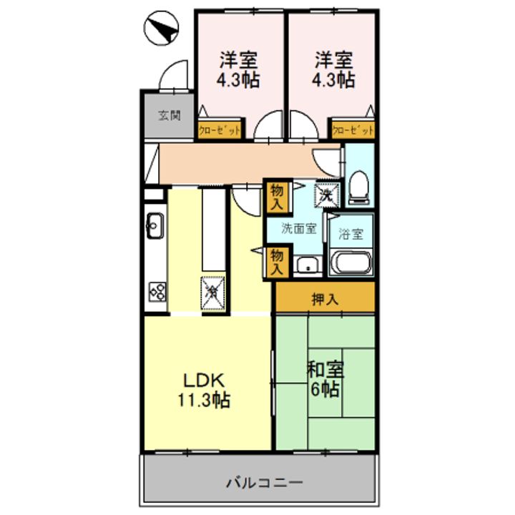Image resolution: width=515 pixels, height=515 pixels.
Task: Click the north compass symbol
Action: coord(161,28)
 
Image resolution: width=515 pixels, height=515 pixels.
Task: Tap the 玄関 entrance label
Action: coord(169,116)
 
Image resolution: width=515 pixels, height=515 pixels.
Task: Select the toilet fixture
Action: coord(359,188)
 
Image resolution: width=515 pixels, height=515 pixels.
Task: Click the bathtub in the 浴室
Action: coord(350,263)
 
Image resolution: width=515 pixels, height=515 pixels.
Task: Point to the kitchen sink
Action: coord(155,225)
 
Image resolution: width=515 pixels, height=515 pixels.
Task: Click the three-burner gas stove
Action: coord(157,292)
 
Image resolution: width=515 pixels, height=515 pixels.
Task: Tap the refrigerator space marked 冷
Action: coord(213,293)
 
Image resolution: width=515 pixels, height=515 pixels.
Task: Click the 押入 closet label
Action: coord(325,299)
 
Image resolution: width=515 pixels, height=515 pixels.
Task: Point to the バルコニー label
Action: coord(265,483)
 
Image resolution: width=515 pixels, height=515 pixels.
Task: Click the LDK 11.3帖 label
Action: coord(204,391)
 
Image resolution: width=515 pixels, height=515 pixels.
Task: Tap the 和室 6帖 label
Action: coord(325,378)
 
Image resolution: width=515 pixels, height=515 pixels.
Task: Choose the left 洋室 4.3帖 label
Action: coord(238,69)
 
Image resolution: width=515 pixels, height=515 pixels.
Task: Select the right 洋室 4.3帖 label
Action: coord(333,69)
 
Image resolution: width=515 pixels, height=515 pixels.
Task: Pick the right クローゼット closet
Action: coord(353,129)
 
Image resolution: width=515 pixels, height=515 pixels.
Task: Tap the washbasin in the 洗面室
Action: coord(308,265)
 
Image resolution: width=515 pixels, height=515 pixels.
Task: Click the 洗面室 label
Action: coord(299,229)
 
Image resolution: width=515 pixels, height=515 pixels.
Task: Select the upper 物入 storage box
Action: coord(277,197)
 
